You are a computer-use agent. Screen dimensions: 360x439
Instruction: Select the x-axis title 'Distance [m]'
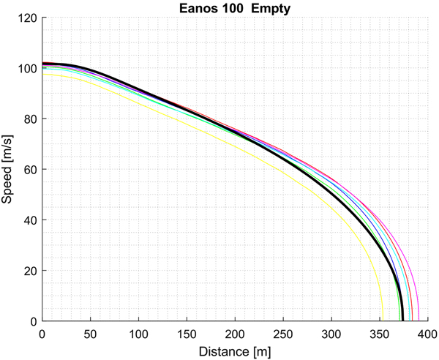click(x=235, y=351)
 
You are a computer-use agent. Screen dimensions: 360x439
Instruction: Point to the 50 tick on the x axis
click(x=90, y=334)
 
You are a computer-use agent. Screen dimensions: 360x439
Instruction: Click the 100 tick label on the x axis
click(x=138, y=334)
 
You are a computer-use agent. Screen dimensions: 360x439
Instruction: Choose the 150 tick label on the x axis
click(x=187, y=334)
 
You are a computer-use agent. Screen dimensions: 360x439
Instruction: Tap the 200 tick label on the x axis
click(x=235, y=334)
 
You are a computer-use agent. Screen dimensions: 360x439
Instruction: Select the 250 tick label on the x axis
click(x=283, y=334)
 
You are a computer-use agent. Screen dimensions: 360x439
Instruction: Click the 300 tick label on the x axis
click(x=331, y=334)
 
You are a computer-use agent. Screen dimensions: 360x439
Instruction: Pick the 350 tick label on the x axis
click(x=380, y=334)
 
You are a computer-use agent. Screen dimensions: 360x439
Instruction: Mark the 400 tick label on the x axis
click(x=427, y=334)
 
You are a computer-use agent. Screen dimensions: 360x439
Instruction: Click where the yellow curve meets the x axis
click(x=382, y=320)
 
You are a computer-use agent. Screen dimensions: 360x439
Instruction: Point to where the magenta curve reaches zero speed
click(x=419, y=320)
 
